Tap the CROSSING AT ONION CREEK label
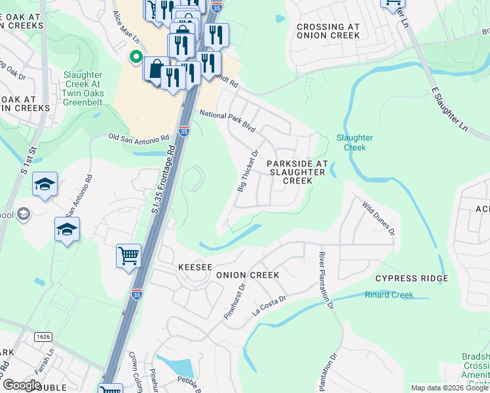328,31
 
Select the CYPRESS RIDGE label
412,278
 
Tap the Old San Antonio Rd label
138,138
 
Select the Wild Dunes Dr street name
379,218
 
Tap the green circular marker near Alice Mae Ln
136,57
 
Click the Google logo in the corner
22,385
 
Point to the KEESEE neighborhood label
194,267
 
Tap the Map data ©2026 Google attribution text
449,388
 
